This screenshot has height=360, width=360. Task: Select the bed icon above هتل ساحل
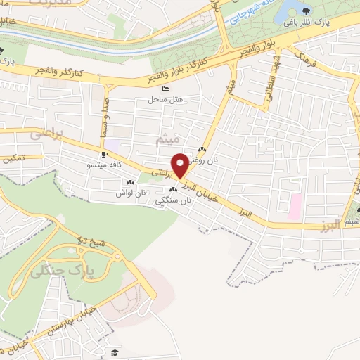pyautogui.click(x=165, y=89)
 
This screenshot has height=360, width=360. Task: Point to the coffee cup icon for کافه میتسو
pyautogui.click(x=105, y=155)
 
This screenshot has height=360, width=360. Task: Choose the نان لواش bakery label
pyautogui.click(x=131, y=193)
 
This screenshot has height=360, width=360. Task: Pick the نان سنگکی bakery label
pyautogui.click(x=177, y=200)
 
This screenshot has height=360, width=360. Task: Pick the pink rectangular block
pyautogui.click(x=295, y=205)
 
